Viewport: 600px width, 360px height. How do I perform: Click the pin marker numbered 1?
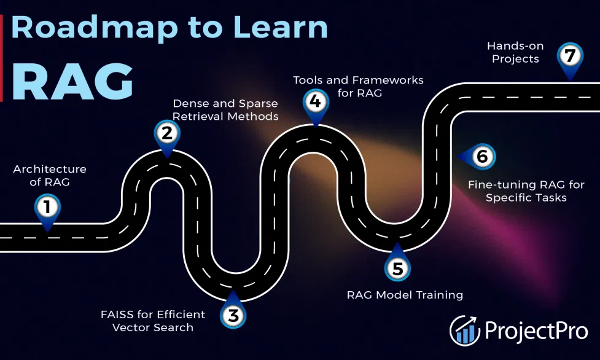46,208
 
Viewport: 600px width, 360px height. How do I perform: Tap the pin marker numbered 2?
166,133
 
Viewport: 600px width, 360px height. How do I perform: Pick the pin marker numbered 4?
315,101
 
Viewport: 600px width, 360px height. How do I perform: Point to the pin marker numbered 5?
397,268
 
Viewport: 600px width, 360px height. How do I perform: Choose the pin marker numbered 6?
481,157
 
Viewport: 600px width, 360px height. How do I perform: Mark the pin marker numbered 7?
570,57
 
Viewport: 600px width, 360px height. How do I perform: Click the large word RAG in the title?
72,80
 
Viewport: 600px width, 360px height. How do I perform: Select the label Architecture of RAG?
50,174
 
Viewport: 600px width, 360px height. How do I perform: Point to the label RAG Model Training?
405,295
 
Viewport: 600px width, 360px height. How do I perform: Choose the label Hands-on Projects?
513,53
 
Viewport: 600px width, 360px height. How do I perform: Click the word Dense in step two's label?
189,103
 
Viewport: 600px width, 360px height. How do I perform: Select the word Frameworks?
387,80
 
